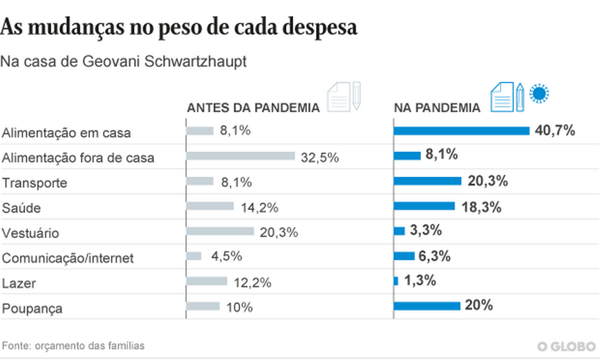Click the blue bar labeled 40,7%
[461, 131]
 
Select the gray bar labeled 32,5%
[240, 156]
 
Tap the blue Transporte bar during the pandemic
[427, 181]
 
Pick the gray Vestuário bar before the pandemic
[220, 231]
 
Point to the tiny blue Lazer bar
[396, 281]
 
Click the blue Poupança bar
[427, 306]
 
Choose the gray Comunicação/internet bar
[194, 256]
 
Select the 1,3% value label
[420, 280]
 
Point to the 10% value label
[239, 308]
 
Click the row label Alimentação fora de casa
[78, 158]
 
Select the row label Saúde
[22, 208]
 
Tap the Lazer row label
[19, 283]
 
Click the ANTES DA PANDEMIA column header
[253, 108]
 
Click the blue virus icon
[540, 93]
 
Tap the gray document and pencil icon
[344, 97]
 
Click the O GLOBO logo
[566, 346]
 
